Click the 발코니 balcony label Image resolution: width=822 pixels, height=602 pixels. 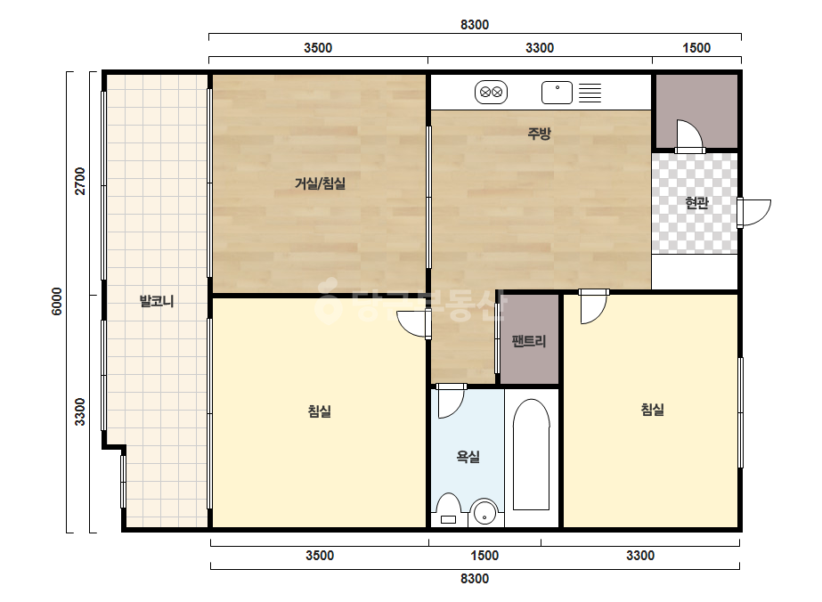(x=156, y=301)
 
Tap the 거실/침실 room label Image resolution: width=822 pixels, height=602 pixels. (x=320, y=183)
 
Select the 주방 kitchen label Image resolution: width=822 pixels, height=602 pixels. (x=540, y=134)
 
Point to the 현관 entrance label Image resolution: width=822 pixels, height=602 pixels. (x=696, y=202)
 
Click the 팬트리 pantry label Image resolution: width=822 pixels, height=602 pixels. (x=529, y=341)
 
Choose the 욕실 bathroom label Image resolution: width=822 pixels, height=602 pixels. (x=468, y=457)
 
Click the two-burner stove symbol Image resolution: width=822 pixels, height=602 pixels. (x=492, y=93)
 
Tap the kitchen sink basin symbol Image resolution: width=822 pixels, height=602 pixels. (x=557, y=93)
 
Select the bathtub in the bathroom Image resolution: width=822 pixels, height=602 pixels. (x=531, y=455)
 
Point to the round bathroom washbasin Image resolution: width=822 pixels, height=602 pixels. (x=484, y=513)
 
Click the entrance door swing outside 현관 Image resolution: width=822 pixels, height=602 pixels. (x=754, y=213)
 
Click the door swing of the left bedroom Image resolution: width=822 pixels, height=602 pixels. (x=413, y=324)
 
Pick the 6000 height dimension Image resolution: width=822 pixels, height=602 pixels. (x=57, y=302)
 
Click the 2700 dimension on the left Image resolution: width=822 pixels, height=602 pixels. (x=79, y=181)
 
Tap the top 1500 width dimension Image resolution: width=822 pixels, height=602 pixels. (x=696, y=48)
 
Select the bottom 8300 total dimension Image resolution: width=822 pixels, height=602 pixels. (x=475, y=579)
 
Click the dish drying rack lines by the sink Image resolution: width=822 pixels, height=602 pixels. (x=590, y=93)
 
